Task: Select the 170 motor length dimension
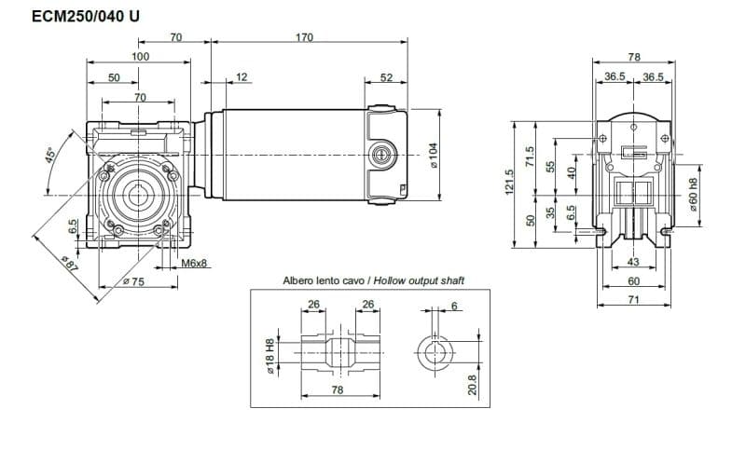[x=304, y=38]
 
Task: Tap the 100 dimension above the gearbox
[x=140, y=57]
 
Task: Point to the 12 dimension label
[x=242, y=77]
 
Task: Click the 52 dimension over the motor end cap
[x=386, y=77]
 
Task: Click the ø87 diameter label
[x=67, y=266]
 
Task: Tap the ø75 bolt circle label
[x=133, y=281]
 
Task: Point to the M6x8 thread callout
[x=194, y=264]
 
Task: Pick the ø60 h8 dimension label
[x=694, y=193]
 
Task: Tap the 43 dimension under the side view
[x=634, y=264]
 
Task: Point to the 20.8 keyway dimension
[x=472, y=385]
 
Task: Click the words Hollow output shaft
[x=420, y=280]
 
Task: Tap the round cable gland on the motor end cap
[x=380, y=153]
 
